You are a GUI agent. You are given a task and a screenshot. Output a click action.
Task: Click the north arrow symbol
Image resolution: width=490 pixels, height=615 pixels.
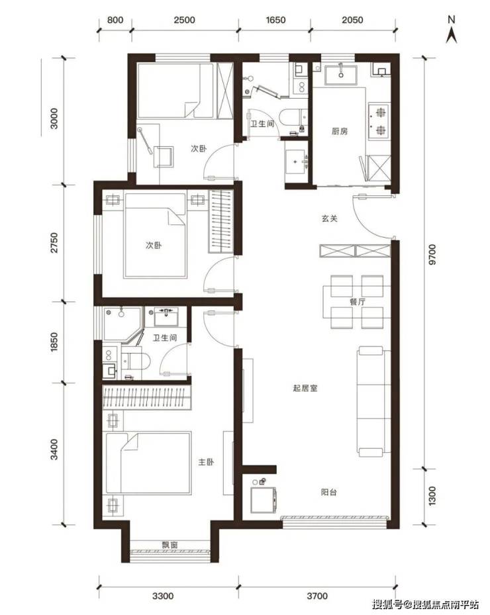click(452, 30)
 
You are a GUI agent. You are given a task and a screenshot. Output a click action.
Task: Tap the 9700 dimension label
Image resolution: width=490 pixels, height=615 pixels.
click(432, 255)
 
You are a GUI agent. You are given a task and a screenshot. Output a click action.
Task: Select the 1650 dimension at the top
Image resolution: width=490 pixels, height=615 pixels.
click(275, 20)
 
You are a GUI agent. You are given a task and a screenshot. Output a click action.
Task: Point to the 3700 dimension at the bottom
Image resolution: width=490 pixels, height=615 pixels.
click(317, 596)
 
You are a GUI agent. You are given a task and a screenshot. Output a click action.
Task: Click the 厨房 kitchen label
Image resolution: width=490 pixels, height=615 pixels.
click(340, 131)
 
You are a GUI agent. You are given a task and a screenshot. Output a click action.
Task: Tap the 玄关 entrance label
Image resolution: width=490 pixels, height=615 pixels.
click(330, 218)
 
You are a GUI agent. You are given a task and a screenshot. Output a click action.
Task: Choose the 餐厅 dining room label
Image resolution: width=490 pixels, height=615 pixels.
click(358, 302)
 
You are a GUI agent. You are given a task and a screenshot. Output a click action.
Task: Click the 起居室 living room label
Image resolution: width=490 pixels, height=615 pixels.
click(305, 389)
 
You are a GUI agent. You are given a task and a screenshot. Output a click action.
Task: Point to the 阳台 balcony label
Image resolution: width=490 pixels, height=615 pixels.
click(328, 493)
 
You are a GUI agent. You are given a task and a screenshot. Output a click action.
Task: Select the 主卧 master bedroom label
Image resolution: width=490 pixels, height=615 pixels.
click(206, 462)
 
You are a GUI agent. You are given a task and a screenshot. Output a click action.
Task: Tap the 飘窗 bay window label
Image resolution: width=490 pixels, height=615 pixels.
click(170, 545)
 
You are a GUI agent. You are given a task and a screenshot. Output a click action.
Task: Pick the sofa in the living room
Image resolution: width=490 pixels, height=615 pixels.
click(373, 402)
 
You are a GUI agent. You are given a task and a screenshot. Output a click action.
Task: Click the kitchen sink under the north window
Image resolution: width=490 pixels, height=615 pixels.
click(341, 75)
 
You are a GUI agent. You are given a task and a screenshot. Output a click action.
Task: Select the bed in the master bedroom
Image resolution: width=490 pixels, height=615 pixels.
click(149, 463)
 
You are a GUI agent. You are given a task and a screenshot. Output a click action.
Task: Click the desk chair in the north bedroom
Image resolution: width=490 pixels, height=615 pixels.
click(163, 156)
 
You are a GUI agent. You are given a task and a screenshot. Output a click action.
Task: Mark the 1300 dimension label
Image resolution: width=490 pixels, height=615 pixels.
click(432, 496)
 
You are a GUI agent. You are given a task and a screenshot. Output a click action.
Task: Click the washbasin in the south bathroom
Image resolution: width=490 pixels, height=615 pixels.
click(166, 317)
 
